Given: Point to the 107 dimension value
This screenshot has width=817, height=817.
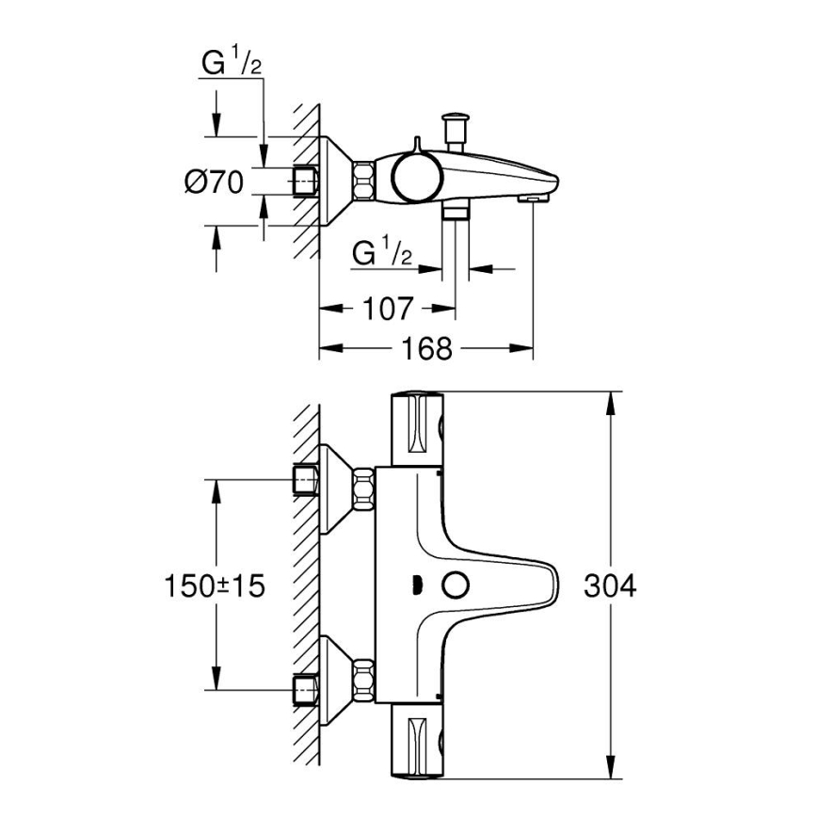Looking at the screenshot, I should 388,308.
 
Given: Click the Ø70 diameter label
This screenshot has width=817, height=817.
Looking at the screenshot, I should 214,182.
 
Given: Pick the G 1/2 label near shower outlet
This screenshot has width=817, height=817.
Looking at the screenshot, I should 382,252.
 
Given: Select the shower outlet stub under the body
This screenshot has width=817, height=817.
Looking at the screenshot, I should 457,212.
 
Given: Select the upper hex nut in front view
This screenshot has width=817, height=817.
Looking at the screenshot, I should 362,489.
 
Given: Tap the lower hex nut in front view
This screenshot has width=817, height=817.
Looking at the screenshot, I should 362,682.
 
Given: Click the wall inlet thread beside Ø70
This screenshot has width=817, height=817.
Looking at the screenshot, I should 306,181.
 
